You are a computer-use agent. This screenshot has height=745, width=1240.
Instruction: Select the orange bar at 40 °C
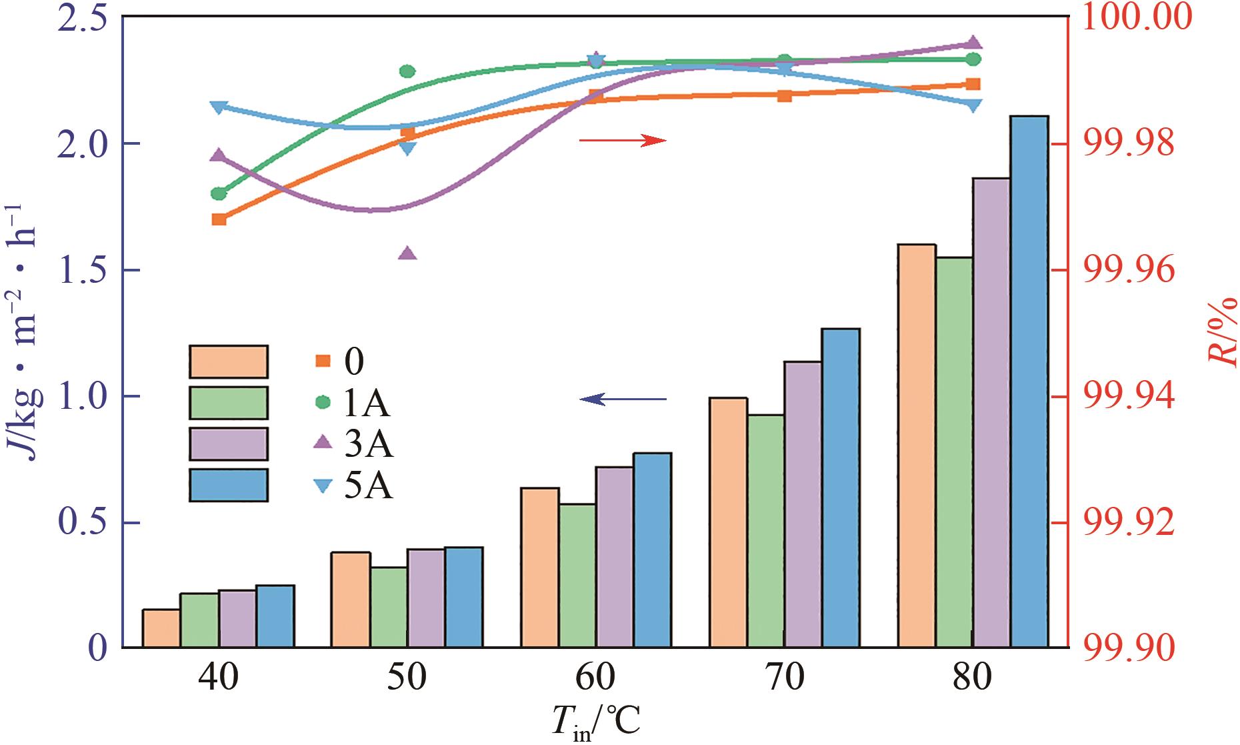pos(161,628)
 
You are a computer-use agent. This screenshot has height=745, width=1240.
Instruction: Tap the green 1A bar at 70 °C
pos(766,531)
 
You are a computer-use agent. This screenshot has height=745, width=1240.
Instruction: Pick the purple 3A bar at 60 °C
pos(614,557)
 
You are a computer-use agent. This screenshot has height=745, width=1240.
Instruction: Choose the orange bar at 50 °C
pos(351,600)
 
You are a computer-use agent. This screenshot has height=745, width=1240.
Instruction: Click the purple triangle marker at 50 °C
pos(408,253)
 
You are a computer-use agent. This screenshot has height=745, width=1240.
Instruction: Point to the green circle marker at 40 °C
pos(219,194)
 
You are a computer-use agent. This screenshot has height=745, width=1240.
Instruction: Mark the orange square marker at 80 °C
pos(973,84)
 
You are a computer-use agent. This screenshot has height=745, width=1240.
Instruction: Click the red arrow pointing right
pos(623,140)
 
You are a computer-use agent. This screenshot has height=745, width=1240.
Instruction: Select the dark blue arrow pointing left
pos(623,400)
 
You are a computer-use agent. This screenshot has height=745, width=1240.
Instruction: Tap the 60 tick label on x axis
pos(595,679)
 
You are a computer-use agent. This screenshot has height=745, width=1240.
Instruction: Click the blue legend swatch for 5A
pos(229,485)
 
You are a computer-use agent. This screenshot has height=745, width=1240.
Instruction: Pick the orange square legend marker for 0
pos(323,361)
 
